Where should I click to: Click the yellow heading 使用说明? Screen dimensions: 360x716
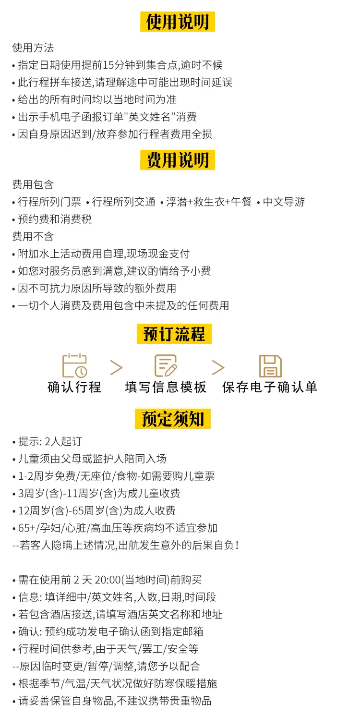(177, 22)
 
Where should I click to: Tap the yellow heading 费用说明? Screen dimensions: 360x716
(177, 160)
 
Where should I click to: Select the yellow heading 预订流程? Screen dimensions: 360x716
(174, 334)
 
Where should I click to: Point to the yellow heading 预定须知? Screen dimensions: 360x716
(173, 419)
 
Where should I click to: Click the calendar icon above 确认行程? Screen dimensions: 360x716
(74, 365)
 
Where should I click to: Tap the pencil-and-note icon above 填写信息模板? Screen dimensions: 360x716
(166, 365)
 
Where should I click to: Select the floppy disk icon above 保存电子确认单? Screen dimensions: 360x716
(270, 366)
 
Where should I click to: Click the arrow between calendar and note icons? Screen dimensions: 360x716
(116, 367)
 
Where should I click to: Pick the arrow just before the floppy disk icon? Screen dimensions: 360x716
(218, 367)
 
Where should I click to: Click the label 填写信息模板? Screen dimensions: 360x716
(166, 387)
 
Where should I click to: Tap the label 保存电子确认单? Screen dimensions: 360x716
(270, 387)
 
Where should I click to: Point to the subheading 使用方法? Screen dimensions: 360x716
(33, 48)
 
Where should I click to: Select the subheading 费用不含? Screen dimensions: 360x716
(33, 237)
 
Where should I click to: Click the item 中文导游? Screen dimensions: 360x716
(284, 202)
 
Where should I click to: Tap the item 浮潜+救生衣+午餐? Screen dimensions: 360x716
(209, 202)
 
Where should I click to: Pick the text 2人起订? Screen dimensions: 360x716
(63, 441)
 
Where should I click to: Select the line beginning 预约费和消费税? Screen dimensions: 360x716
(55, 219)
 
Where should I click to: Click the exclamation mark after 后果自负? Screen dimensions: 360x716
(237, 545)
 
